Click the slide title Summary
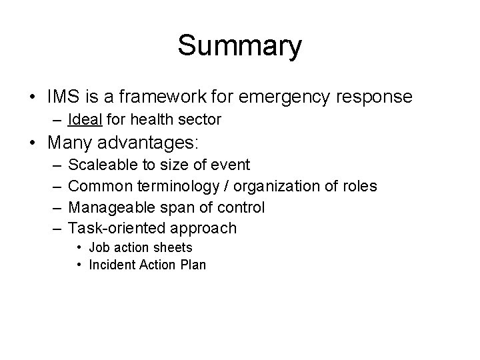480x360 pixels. (x=239, y=46)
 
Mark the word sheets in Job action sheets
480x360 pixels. (x=173, y=248)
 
